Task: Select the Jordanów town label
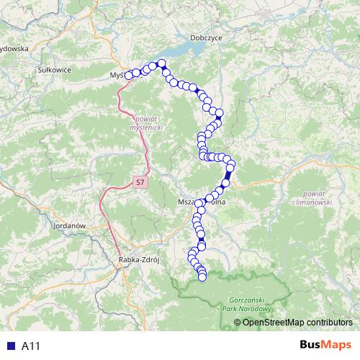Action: point(70,225)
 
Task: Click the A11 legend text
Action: point(30,346)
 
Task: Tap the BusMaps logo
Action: point(325,345)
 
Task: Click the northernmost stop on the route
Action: point(162,63)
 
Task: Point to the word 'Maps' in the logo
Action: point(337,345)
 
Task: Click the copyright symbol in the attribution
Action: point(238,323)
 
